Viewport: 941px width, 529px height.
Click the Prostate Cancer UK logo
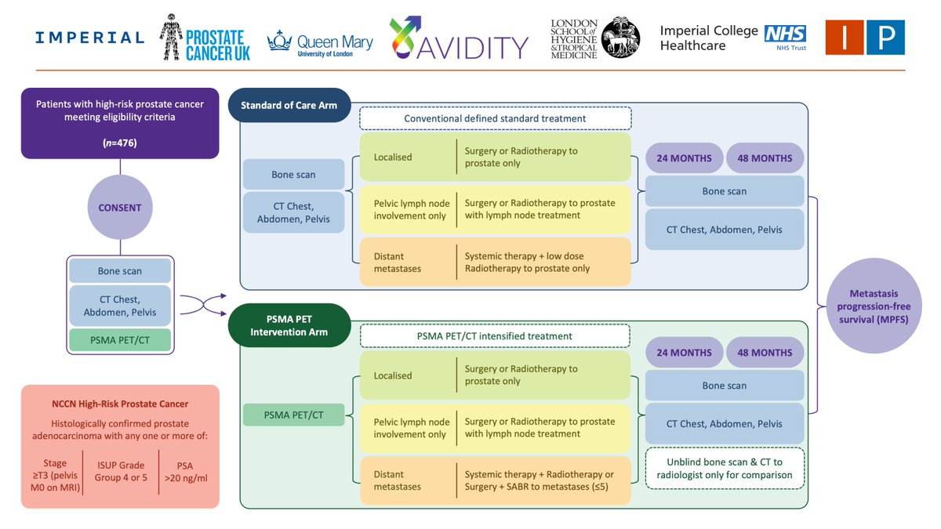[205, 38]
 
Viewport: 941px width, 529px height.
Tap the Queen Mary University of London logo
[320, 44]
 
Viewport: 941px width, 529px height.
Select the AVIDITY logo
[458, 38]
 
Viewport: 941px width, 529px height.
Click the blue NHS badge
[785, 34]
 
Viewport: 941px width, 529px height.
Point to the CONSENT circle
[120, 208]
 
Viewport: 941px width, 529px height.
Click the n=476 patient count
[120, 143]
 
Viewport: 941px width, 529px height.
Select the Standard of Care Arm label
[289, 105]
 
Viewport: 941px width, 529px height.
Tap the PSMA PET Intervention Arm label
[289, 325]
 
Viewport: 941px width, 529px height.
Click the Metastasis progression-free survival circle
[874, 306]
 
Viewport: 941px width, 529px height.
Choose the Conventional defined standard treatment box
[495, 118]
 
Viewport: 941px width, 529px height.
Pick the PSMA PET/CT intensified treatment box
[495, 336]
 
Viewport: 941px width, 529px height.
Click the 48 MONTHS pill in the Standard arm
[765, 158]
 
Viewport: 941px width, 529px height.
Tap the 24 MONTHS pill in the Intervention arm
[684, 353]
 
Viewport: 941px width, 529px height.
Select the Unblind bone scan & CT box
[725, 468]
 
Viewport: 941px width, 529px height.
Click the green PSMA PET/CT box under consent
[120, 340]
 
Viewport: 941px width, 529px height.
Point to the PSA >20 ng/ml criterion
[186, 472]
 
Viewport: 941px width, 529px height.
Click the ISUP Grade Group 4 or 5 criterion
[121, 471]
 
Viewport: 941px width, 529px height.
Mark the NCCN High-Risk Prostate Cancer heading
[120, 404]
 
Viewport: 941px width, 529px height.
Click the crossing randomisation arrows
[203, 305]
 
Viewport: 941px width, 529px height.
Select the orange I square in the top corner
[845, 38]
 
